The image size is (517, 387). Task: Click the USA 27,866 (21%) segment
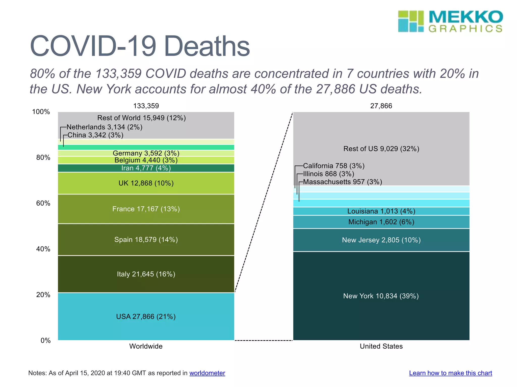coord(146,316)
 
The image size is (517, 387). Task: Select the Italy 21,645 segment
coord(146,274)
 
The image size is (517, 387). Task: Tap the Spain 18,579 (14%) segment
coord(146,240)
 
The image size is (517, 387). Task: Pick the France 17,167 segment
coord(146,209)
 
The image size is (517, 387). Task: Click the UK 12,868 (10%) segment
coord(146,183)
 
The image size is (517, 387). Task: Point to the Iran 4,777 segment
coord(146,168)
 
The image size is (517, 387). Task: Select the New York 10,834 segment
coord(381,296)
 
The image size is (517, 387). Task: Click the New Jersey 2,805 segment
coord(381,240)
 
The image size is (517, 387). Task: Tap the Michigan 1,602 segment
coord(381,222)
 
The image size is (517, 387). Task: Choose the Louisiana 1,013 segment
coord(381,211)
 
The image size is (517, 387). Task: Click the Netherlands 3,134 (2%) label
coord(105,127)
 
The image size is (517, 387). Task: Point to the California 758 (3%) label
coord(334,166)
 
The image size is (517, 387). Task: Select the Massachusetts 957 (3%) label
coord(343,182)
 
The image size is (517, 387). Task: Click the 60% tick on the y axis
coord(43,203)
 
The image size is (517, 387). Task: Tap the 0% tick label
coord(45,341)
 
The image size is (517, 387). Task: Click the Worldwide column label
coord(146,346)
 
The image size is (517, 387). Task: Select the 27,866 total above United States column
coord(381,106)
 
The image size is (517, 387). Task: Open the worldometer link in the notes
coord(207,373)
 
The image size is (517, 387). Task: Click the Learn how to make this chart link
coord(450,373)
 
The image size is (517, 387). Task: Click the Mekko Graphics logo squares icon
coord(411,21)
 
